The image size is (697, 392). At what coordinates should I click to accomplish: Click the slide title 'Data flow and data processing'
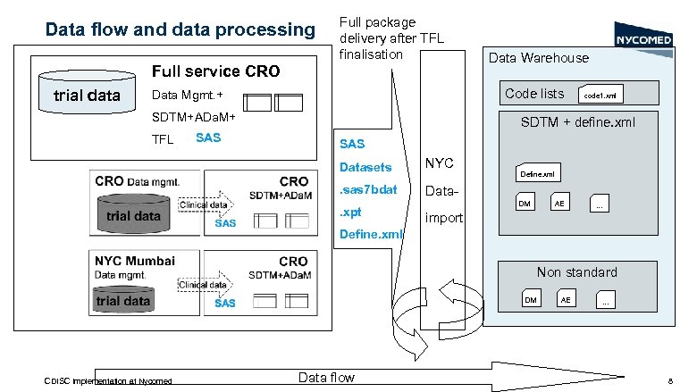pyautogui.click(x=181, y=29)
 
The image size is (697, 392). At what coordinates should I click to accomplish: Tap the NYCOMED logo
pyautogui.click(x=643, y=38)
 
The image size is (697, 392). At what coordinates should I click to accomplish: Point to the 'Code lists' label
pyautogui.click(x=534, y=94)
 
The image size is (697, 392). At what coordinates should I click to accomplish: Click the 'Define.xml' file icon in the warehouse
pyautogui.click(x=538, y=174)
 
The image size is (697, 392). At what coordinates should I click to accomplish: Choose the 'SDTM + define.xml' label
pyautogui.click(x=577, y=122)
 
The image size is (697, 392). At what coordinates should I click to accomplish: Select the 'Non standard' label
pyautogui.click(x=576, y=272)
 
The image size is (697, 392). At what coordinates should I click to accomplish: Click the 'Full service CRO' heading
pyautogui.click(x=215, y=71)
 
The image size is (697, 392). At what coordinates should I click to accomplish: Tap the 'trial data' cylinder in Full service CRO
pyautogui.click(x=88, y=96)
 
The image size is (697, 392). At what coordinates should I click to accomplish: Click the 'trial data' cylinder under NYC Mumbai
pyautogui.click(x=122, y=300)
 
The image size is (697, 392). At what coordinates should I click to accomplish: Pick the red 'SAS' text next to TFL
pyautogui.click(x=207, y=138)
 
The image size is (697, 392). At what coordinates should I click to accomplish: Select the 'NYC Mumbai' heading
pyautogui.click(x=135, y=261)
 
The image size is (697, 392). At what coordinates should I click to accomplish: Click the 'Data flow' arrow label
pyautogui.click(x=326, y=378)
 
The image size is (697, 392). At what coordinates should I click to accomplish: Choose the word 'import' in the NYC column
pyautogui.click(x=444, y=217)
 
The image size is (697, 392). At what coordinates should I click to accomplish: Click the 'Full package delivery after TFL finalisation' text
pyautogui.click(x=390, y=38)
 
